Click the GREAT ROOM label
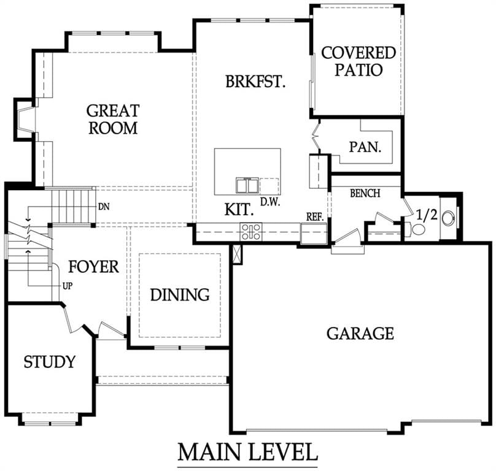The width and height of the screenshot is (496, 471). pyautogui.click(x=113, y=120)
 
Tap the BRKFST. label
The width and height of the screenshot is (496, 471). pyautogui.click(x=255, y=81)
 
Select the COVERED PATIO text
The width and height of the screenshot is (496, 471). pyautogui.click(x=358, y=61)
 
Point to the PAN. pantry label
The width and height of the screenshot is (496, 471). pyautogui.click(x=365, y=147)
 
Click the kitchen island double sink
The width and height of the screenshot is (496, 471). pyautogui.click(x=247, y=185)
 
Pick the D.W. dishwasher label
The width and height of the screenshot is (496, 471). pyautogui.click(x=270, y=202)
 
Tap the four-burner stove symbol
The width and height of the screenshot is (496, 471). pyautogui.click(x=251, y=232)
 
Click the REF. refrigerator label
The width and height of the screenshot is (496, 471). pyautogui.click(x=315, y=217)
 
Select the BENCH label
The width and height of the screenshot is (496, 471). pyautogui.click(x=365, y=193)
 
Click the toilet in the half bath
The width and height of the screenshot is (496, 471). pyautogui.click(x=416, y=229)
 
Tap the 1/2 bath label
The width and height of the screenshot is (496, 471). pyautogui.click(x=427, y=215)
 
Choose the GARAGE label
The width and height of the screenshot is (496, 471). pyautogui.click(x=360, y=334)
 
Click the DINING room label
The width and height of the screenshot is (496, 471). pyautogui.click(x=180, y=294)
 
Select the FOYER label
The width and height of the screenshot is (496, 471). pyautogui.click(x=94, y=267)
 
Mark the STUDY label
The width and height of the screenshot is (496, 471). pyautogui.click(x=50, y=362)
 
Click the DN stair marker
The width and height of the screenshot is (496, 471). pyautogui.click(x=104, y=207)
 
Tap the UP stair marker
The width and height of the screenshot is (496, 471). pyautogui.click(x=68, y=286)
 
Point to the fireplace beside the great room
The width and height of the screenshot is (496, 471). pyautogui.click(x=25, y=120)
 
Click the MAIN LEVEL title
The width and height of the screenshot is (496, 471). pyautogui.click(x=247, y=452)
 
